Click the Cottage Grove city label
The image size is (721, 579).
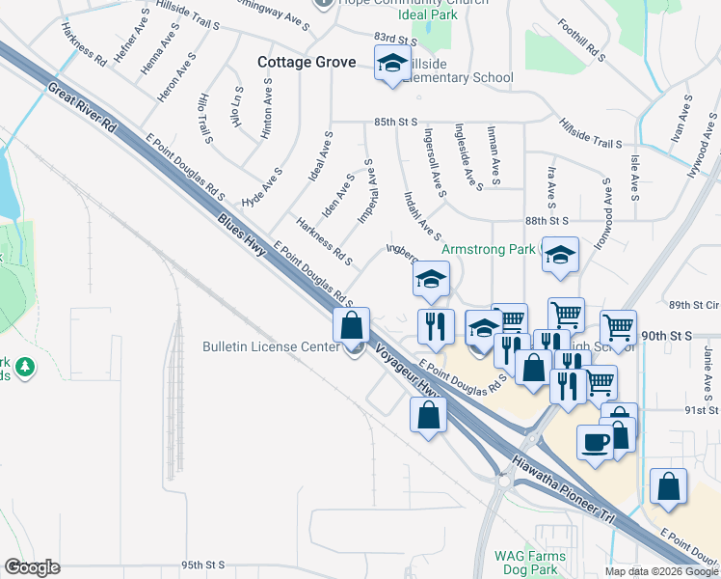click(307, 63)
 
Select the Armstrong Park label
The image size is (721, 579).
click(489, 250)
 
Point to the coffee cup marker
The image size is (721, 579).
click(595, 443)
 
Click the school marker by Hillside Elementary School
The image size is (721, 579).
click(391, 65)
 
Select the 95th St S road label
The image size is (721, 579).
click(202, 565)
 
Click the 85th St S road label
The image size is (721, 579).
click(395, 123)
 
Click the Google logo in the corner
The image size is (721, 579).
click(32, 567)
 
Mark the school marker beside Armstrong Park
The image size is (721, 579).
click(560, 256)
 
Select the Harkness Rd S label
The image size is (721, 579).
click(324, 242)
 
